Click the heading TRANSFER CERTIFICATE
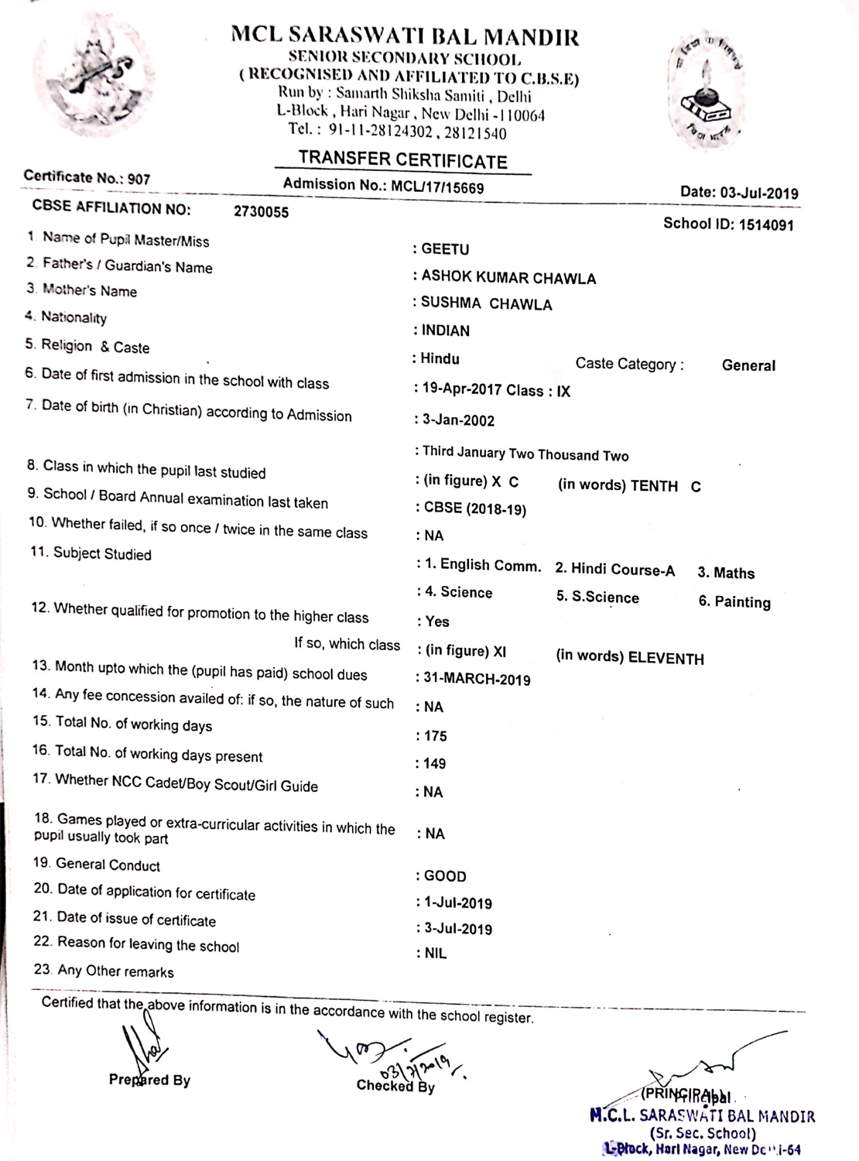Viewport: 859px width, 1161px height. [402, 160]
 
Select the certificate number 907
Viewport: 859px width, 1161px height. [139, 179]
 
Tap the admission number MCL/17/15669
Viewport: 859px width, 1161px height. [437, 187]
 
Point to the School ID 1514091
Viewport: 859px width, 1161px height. [766, 225]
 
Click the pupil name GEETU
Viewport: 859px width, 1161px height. [445, 249]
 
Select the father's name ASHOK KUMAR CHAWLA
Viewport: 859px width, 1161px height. [508, 278]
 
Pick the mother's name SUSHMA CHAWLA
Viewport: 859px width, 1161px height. [486, 304]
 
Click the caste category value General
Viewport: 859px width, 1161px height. [748, 365]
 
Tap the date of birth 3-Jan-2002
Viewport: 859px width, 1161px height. [458, 420]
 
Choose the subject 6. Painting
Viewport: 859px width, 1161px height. [734, 602]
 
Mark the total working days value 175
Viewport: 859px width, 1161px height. [435, 736]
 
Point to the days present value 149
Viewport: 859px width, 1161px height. [434, 764]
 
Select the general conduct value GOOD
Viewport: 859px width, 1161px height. [445, 876]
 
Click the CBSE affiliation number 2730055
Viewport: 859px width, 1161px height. [261, 212]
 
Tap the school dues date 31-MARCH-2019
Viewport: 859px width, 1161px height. [477, 680]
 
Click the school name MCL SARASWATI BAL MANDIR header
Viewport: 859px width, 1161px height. [405, 36]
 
